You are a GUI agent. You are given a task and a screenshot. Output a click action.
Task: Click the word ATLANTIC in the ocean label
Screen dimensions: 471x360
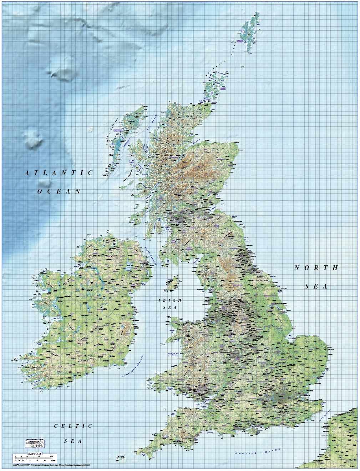click(59, 173)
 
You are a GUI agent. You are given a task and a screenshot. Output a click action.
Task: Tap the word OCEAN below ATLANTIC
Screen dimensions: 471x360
click(59, 191)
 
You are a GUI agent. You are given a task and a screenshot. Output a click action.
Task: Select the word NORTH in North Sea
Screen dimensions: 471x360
click(316, 268)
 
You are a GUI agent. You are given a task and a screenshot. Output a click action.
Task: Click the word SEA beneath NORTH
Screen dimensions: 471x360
click(316, 286)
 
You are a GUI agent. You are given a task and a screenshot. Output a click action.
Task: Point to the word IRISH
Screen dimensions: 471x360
click(170, 301)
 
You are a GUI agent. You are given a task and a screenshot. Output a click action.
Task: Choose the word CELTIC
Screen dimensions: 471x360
click(73, 426)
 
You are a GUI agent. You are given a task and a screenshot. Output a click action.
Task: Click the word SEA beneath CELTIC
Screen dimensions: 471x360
click(73, 441)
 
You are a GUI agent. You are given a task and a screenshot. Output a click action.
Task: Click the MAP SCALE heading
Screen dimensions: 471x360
click(34, 453)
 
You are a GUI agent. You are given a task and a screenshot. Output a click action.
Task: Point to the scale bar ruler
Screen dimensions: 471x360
click(34, 457)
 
